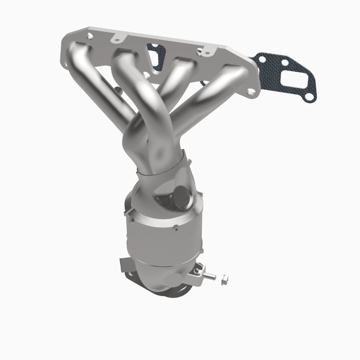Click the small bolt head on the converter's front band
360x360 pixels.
pyautogui.click(x=132, y=220)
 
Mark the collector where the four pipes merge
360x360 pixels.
pyautogui.click(x=157, y=153)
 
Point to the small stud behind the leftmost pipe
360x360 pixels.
pyautogui.click(x=118, y=92)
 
